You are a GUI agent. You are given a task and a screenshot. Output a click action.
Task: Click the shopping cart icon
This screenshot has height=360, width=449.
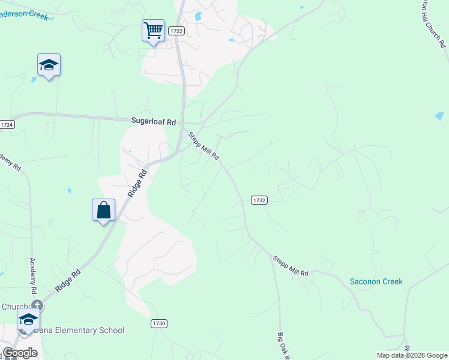[x=153, y=29]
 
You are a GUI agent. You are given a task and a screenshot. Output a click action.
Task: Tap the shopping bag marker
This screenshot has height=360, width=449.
[x=103, y=210]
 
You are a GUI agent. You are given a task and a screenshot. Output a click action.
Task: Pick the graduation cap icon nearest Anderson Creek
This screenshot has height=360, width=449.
[x=49, y=65]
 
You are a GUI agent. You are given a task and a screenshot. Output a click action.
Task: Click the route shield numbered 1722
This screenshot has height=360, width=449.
[x=176, y=31]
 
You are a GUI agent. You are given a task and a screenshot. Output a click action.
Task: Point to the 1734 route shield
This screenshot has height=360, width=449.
[x=7, y=124]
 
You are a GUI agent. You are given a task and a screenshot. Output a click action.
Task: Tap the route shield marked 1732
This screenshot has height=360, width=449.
[x=259, y=200]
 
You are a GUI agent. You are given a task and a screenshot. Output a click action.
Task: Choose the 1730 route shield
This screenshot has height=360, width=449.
[x=158, y=323]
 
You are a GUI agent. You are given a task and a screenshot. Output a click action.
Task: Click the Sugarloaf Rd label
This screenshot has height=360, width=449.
[x=153, y=121]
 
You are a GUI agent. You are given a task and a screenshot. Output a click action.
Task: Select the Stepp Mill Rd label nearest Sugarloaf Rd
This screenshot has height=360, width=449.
[x=204, y=146]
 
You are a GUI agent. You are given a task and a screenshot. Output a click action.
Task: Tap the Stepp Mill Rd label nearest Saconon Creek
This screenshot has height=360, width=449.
[x=291, y=266]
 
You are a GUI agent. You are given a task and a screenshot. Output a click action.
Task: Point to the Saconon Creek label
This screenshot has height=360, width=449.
[x=376, y=281]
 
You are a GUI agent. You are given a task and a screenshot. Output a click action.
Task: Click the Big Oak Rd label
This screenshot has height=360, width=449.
[x=283, y=346]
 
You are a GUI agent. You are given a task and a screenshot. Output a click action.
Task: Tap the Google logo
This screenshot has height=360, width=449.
[x=20, y=353]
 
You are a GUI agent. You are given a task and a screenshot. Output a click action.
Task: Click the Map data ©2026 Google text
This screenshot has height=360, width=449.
[x=412, y=355]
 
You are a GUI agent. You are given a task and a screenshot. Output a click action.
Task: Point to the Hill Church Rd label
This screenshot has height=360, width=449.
[x=433, y=23]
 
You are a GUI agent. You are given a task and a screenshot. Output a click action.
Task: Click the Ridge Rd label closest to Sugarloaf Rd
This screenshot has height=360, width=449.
[x=137, y=184]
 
